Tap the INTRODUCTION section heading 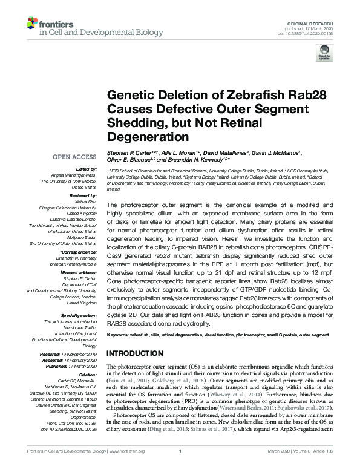[138, 353]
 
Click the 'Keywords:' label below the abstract [120, 335]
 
